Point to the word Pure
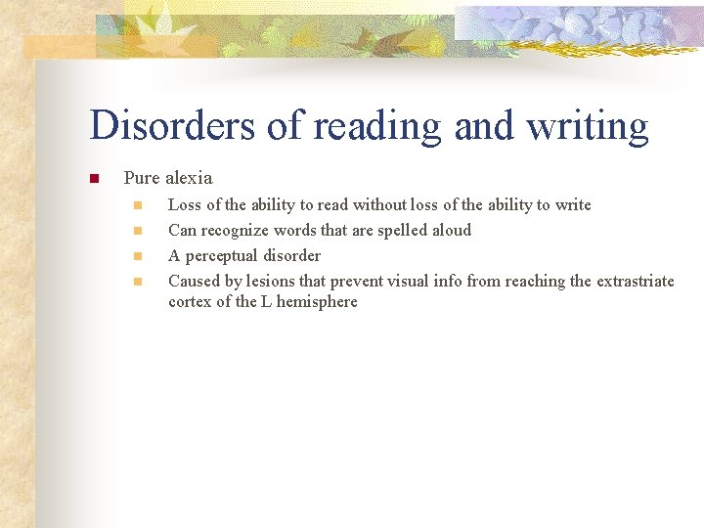click(x=142, y=178)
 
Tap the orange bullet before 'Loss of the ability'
click(x=138, y=205)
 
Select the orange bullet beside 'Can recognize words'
click(x=138, y=231)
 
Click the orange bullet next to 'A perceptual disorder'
click(x=138, y=256)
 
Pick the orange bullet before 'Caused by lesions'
click(x=138, y=282)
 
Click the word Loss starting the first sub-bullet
click(x=185, y=204)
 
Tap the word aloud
click(x=448, y=230)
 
